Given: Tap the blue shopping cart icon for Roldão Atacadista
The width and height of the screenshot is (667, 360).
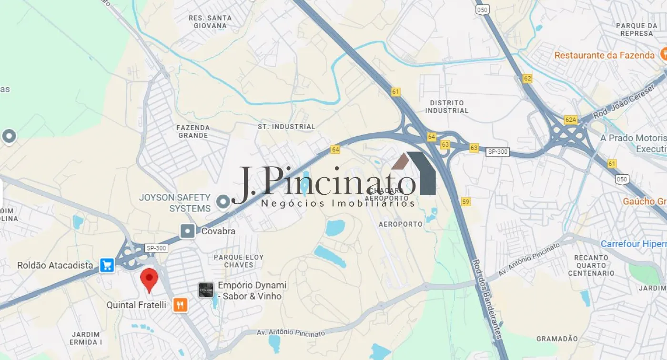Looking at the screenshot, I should [x=107, y=265].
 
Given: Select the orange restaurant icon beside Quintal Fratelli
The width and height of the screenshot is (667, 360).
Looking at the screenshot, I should [x=180, y=305].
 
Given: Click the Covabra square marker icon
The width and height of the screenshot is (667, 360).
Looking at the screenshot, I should [x=188, y=231].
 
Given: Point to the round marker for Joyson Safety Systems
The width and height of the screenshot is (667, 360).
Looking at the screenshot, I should [x=223, y=202].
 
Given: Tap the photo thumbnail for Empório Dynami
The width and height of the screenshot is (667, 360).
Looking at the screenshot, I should [x=206, y=290].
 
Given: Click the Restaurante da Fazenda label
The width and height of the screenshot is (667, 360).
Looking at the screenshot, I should [x=604, y=55].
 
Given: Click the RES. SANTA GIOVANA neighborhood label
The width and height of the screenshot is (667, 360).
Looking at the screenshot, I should [x=210, y=22].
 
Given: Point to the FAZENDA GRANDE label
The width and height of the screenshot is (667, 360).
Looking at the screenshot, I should [x=193, y=131].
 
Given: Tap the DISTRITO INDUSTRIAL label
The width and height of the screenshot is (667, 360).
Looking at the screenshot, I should [x=447, y=107].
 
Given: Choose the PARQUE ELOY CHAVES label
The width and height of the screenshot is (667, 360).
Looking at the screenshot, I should [x=238, y=261].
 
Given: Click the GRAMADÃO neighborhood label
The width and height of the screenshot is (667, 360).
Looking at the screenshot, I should [x=557, y=339].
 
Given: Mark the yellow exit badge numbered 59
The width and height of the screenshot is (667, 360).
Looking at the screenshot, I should [x=465, y=202].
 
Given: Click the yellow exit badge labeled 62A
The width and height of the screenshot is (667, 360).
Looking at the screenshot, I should [x=571, y=120].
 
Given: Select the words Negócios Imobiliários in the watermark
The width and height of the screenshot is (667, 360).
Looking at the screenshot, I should [x=338, y=203].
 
